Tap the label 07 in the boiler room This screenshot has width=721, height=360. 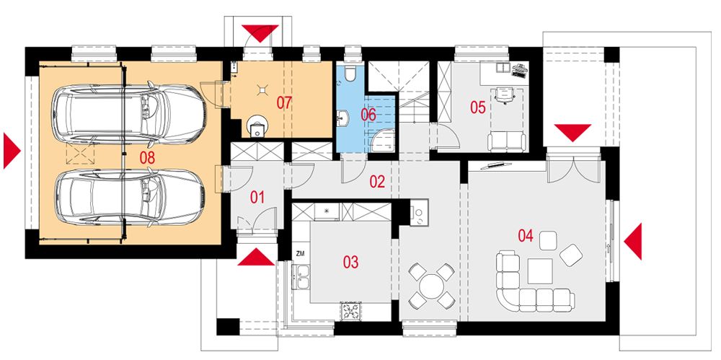[x=283, y=102]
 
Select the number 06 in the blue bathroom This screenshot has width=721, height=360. [x=368, y=114]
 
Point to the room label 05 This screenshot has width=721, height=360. [x=477, y=107]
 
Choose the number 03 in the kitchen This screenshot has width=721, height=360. [x=350, y=262]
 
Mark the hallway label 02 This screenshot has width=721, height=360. [x=377, y=181]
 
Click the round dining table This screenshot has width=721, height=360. [x=431, y=284]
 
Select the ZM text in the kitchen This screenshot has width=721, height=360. [x=300, y=254]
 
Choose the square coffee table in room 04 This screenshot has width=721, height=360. [x=540, y=271]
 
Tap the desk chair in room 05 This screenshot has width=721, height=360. [x=503, y=94]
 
